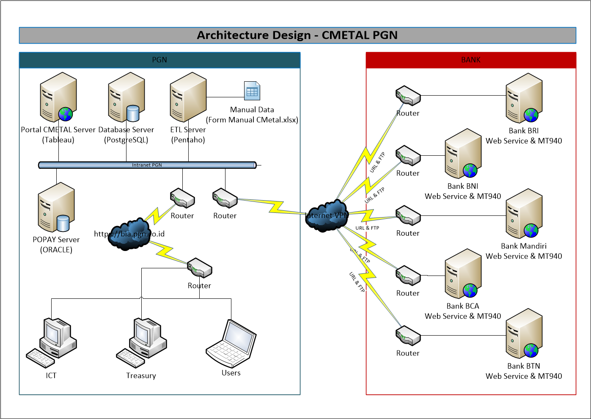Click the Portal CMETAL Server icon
[58, 97]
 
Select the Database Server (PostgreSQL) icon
[126, 97]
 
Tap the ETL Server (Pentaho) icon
[188, 97]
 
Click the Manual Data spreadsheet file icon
[252, 91]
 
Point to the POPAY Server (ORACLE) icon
[56, 207]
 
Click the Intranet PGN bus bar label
[147, 165]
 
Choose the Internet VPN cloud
[327, 216]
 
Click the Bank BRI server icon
[524, 98]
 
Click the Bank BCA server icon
[463, 274]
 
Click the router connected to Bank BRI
[408, 96]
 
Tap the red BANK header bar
[471, 60]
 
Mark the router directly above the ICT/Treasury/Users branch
[199, 268]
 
